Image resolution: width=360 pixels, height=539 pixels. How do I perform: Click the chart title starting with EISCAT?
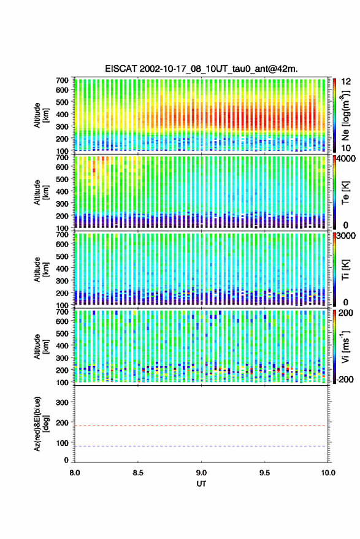[201, 69]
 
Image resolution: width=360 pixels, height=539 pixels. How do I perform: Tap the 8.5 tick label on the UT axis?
[138, 473]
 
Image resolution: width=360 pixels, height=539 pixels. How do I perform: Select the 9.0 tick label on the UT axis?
[201, 473]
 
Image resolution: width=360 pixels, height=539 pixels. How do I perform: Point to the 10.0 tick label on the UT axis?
[328, 473]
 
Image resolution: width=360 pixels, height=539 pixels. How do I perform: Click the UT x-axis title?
[201, 484]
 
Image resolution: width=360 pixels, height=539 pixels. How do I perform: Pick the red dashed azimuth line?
[201, 426]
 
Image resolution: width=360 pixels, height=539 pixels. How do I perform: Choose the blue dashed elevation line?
[201, 446]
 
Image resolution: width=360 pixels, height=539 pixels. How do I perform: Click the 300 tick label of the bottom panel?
[62, 402]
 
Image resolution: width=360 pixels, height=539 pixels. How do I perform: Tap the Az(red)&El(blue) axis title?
[41, 424]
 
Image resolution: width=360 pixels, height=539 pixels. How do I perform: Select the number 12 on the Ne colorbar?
[346, 82]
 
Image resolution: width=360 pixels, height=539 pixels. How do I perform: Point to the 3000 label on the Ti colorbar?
[345, 236]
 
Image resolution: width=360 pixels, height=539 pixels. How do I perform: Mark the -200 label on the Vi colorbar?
[345, 379]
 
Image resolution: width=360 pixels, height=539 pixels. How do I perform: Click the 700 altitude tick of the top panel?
[62, 80]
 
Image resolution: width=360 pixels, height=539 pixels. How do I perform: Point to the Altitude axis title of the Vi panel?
[41, 346]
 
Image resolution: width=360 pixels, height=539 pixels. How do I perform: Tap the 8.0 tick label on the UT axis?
[75, 473]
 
